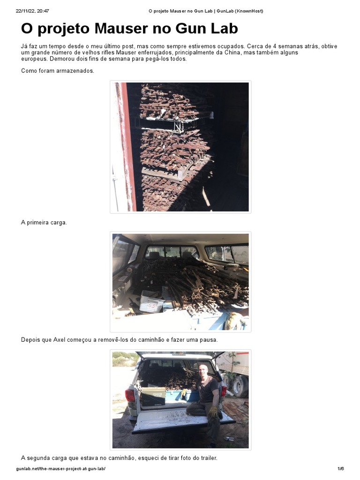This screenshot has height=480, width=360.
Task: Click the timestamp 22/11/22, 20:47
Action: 32,11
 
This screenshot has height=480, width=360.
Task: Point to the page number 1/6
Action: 340,469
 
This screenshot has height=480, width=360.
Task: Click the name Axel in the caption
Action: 60,340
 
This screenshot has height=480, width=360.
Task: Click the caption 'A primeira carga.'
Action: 44,223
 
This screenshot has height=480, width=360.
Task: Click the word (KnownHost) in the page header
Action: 247,11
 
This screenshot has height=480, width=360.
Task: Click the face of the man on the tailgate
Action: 203,370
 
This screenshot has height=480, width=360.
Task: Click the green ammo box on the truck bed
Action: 153,397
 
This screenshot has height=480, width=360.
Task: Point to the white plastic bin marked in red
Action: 151,304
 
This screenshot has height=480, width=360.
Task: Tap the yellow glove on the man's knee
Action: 214,412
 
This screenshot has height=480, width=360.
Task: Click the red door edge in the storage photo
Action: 125,145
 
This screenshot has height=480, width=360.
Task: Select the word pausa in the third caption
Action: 208,340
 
